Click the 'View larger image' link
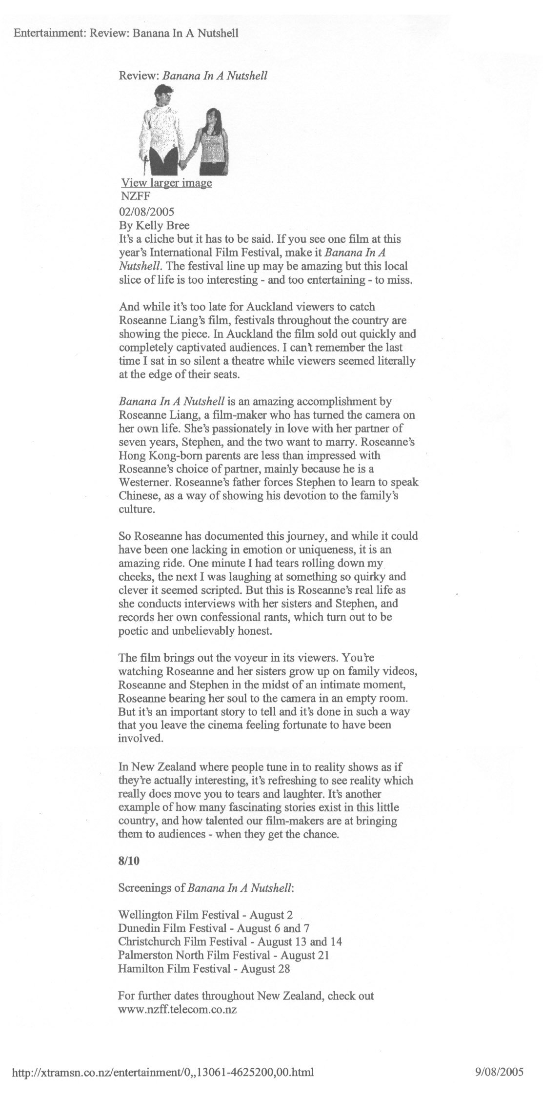point(166,183)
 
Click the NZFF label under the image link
point(132,197)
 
